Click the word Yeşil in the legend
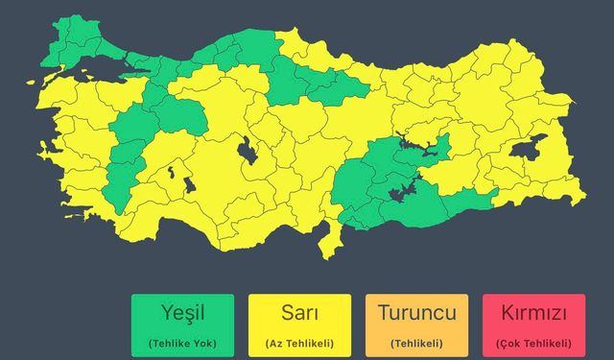[x=182, y=314]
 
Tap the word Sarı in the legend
[x=299, y=314]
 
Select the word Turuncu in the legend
[x=416, y=314]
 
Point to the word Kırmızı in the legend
[x=533, y=314]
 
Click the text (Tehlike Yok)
[x=182, y=343]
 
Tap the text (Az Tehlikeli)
[x=299, y=343]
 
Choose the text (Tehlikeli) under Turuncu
[x=416, y=343]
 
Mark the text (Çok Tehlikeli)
[x=533, y=343]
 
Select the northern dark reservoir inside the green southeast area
[x=419, y=146]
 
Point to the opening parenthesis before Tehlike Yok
[x=151, y=343]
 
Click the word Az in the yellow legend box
[x=275, y=343]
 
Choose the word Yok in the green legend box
[x=203, y=343]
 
